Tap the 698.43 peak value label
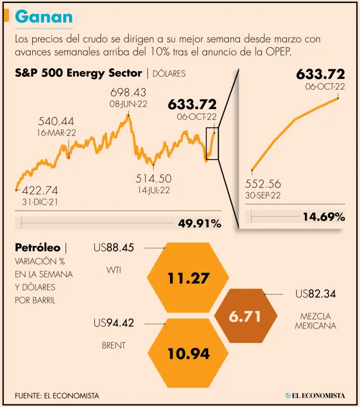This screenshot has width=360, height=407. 128,93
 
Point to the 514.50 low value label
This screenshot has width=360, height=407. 154,179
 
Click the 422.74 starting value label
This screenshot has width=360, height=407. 40,190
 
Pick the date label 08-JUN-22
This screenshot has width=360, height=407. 128,104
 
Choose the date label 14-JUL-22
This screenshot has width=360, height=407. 154,189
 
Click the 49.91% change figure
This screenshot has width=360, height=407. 200,224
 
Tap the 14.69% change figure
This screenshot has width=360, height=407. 324,216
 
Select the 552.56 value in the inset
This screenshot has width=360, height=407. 263,184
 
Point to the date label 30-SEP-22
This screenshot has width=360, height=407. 263,195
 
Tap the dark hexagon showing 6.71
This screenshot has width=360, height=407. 245,317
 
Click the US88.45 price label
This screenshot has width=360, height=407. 113,247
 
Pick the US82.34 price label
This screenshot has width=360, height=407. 316,294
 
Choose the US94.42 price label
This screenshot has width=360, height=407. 113,323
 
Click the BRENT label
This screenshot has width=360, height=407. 113,346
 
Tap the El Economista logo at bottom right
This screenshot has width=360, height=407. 314,395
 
